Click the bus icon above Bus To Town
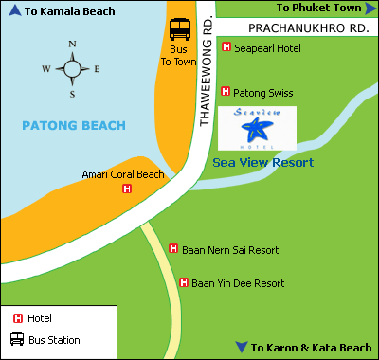tap(179, 30)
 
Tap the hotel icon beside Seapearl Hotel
tap(226, 47)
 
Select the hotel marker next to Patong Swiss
tap(226, 92)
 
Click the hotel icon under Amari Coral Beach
tap(127, 189)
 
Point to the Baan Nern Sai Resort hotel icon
tap(173, 249)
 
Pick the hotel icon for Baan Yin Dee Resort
tap(184, 282)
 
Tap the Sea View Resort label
tap(262, 163)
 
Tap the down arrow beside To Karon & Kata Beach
tap(243, 348)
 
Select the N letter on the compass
tap(72, 45)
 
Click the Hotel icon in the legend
tap(16, 318)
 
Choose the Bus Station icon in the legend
tap(16, 339)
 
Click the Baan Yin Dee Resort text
tap(237, 282)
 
